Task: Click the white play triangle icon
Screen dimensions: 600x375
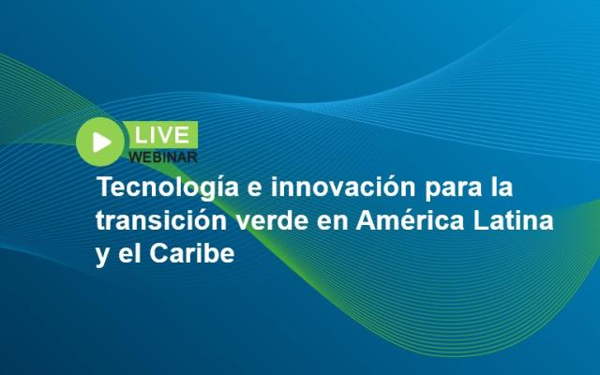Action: click(x=101, y=142)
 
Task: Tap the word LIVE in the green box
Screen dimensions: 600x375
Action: click(x=162, y=135)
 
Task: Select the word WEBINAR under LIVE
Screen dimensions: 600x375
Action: click(x=162, y=157)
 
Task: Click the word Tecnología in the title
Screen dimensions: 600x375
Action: click(x=168, y=187)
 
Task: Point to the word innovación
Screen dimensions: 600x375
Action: click(x=343, y=187)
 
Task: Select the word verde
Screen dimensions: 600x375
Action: click(x=272, y=220)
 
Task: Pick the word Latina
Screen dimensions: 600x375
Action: click(x=514, y=220)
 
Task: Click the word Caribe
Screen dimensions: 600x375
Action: click(x=191, y=253)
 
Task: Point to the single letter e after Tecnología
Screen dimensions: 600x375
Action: click(x=255, y=189)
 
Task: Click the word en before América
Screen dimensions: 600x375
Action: click(x=333, y=223)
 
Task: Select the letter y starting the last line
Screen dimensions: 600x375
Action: click(x=102, y=257)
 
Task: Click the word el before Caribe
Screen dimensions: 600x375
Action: click(x=129, y=253)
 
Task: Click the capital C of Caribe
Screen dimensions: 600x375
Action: click(x=159, y=253)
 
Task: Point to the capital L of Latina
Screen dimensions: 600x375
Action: click(x=482, y=220)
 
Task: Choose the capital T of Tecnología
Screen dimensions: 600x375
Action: click(x=106, y=187)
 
